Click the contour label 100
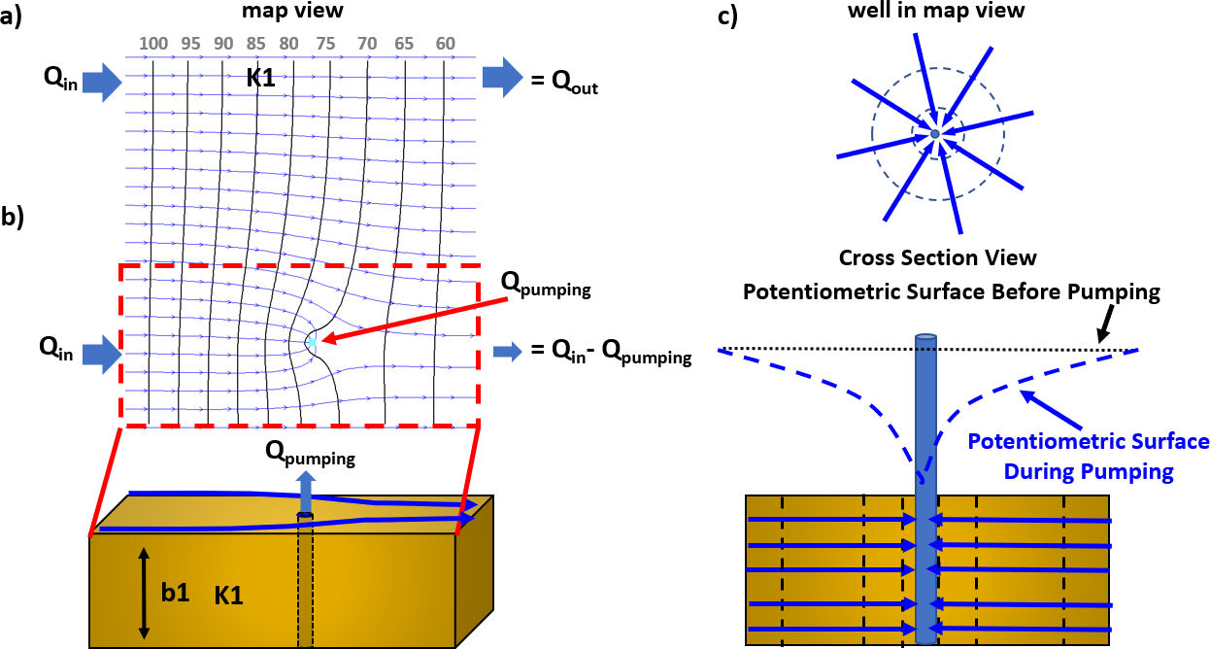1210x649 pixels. pos(154,44)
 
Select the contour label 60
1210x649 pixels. pos(446,44)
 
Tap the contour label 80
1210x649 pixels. pos(288,44)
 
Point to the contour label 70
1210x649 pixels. pos(367,44)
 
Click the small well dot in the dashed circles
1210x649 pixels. pos(934,133)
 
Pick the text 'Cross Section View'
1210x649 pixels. pos(937,258)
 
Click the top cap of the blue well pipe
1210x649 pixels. pos(926,338)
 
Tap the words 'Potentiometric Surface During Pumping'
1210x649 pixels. pos(1090,456)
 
